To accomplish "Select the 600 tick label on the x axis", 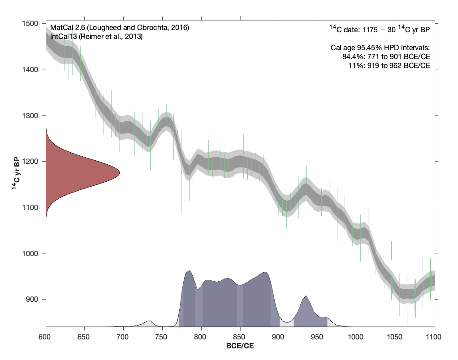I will point(45,336).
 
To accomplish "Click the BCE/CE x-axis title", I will point(240,347).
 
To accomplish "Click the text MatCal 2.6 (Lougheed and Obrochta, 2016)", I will point(120,28).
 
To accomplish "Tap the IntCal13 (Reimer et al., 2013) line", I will point(96,37).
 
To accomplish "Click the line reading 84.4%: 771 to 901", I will point(385,56).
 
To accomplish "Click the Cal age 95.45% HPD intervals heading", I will point(379,47).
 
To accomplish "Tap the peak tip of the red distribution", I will point(118,172).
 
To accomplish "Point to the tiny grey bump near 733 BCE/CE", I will point(149,321).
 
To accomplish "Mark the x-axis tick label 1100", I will point(434,336).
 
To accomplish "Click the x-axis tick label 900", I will point(279,336).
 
